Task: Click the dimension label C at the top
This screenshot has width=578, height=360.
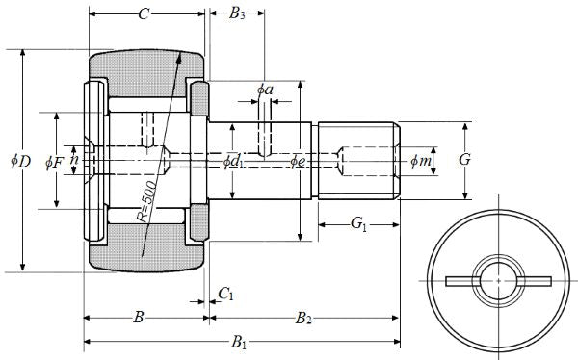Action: [x=144, y=14]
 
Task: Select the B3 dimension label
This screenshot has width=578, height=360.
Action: [x=237, y=14]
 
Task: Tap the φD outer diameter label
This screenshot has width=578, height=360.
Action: [x=20, y=161]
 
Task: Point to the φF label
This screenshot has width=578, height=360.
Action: [x=55, y=162]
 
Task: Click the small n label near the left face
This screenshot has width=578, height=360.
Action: [x=74, y=160]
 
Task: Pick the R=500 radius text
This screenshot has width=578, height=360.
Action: [x=146, y=201]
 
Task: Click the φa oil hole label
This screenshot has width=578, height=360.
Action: [x=265, y=90]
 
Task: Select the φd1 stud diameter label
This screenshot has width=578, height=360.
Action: [x=233, y=161]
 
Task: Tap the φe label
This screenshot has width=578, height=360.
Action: [x=298, y=161]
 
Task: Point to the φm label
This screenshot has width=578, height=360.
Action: [x=421, y=161]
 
